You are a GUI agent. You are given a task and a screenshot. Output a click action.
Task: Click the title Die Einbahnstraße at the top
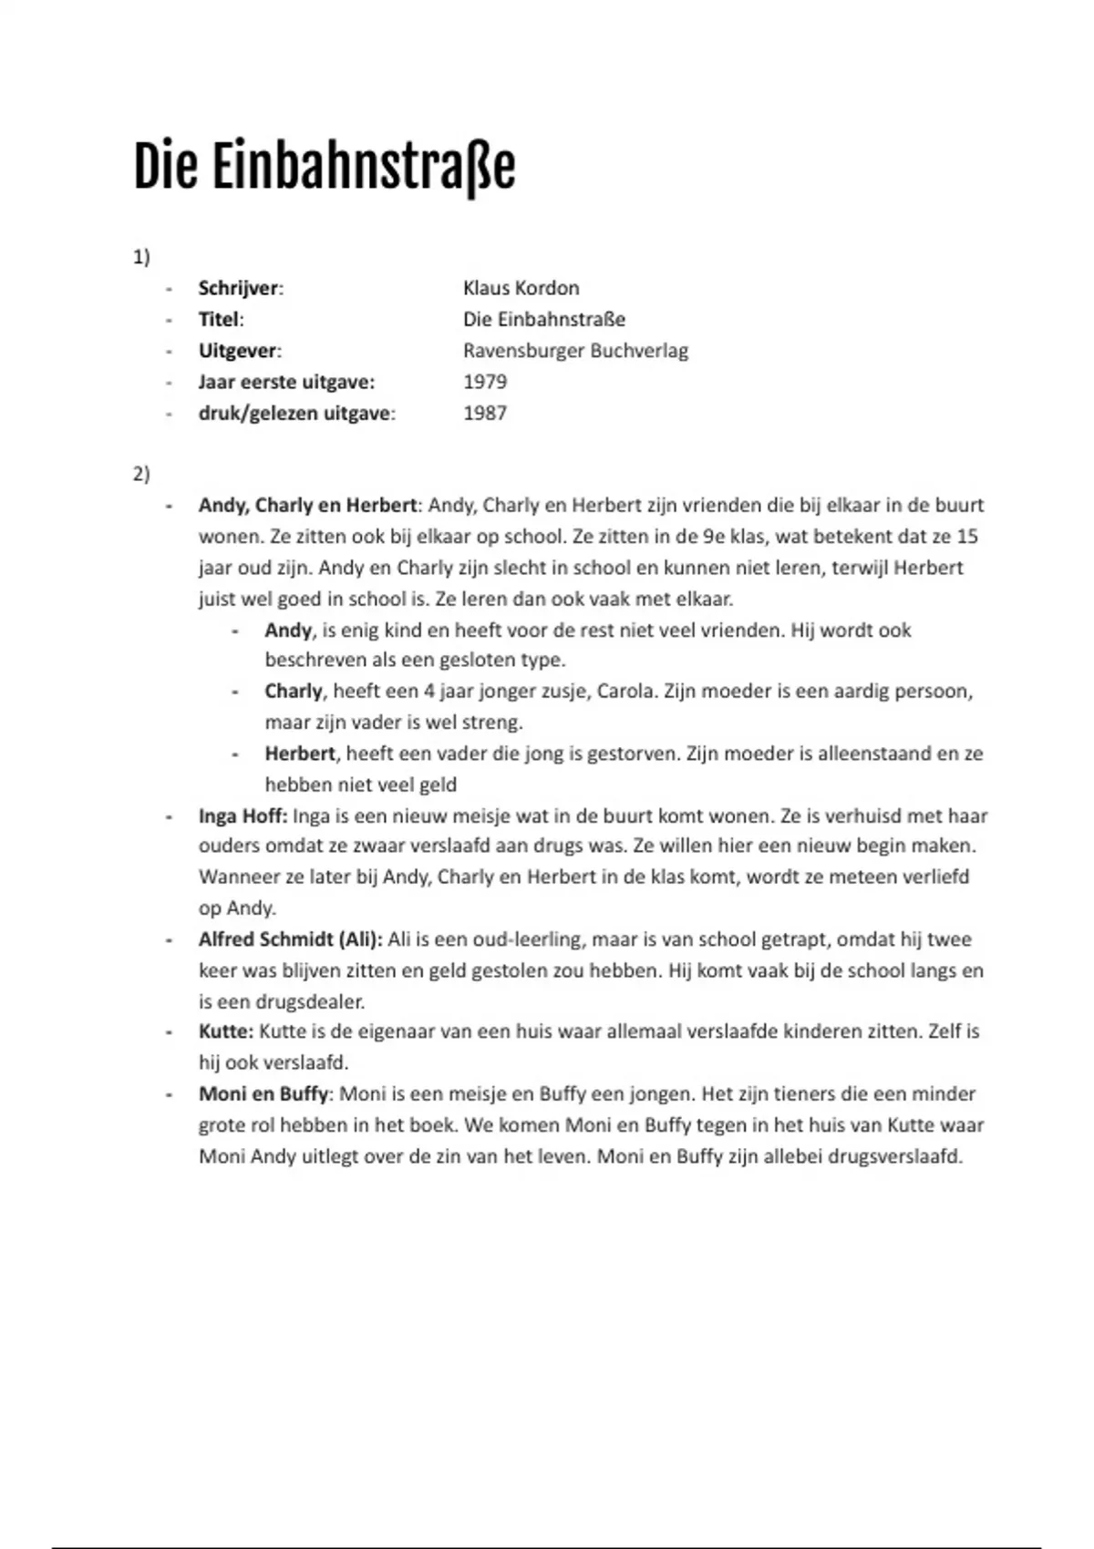pyautogui.click(x=324, y=166)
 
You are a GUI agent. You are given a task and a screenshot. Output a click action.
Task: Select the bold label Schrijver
pyautogui.click(x=239, y=288)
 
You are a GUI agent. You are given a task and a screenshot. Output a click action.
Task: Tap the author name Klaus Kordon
pyautogui.click(x=521, y=288)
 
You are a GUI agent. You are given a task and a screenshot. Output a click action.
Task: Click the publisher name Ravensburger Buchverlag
pyautogui.click(x=575, y=351)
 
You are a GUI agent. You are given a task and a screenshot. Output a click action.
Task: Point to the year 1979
pyautogui.click(x=484, y=382)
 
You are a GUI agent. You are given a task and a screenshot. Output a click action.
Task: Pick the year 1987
pyautogui.click(x=484, y=413)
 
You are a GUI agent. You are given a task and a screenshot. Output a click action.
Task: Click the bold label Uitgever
pyautogui.click(x=238, y=351)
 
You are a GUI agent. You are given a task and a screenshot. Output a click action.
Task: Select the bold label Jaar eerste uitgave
pyautogui.click(x=286, y=382)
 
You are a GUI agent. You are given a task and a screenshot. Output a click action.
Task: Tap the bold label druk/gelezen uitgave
pyautogui.click(x=295, y=413)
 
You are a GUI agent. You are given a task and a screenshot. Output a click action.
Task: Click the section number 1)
pyautogui.click(x=141, y=257)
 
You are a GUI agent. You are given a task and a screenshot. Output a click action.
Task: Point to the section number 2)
pyautogui.click(x=141, y=474)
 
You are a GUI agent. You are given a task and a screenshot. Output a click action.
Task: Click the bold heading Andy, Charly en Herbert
pyautogui.click(x=307, y=505)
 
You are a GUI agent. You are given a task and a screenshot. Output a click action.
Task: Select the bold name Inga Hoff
pyautogui.click(x=242, y=816)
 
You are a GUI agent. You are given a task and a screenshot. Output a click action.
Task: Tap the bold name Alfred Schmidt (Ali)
pyautogui.click(x=290, y=939)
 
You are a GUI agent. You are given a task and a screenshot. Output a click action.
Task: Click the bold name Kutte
pyautogui.click(x=224, y=1031)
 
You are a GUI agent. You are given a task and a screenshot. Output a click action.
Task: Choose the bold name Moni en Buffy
pyautogui.click(x=263, y=1093)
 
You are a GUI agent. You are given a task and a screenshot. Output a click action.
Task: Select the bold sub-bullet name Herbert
pyautogui.click(x=300, y=754)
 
